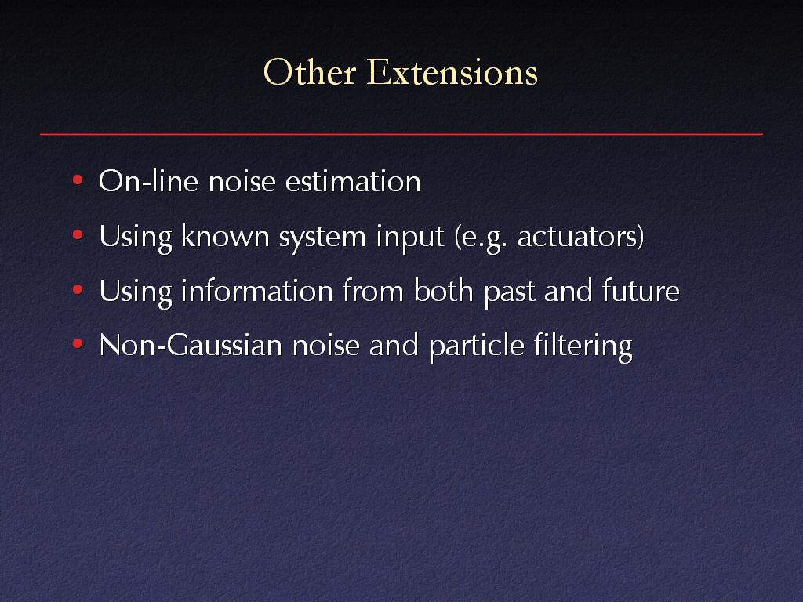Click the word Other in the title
[x=309, y=71]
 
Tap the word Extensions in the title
[x=452, y=71]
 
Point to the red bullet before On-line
[x=78, y=180]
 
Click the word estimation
[x=353, y=181]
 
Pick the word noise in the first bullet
[x=242, y=181]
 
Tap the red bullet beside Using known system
[x=78, y=235]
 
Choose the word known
[x=225, y=236]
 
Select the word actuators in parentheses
[x=577, y=237]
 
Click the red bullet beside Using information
[x=78, y=290]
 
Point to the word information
[x=257, y=290]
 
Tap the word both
[x=444, y=290]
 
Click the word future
[x=641, y=290]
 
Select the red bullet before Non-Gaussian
[x=78, y=344]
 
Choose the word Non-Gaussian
[x=191, y=345]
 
